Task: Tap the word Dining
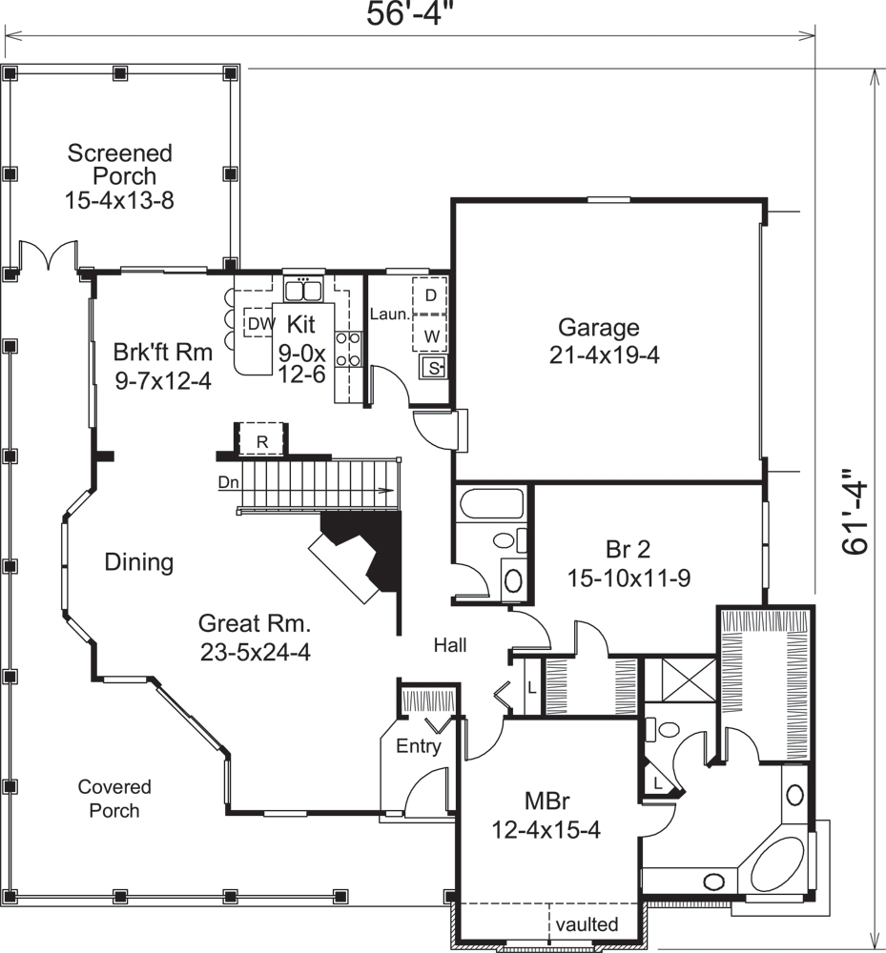pos(138,562)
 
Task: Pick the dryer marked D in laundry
pos(430,295)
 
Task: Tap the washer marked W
pos(431,335)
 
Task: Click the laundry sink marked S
pos(434,368)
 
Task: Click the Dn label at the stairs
pos(228,482)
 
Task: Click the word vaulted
pos(587,923)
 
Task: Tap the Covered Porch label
pos(114,799)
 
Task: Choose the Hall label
pos(450,646)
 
